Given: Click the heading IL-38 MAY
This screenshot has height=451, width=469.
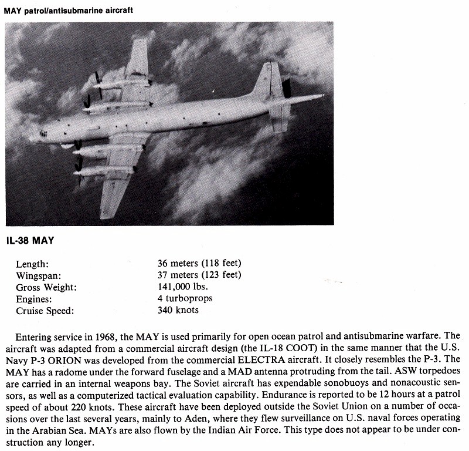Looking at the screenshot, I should coord(36,240).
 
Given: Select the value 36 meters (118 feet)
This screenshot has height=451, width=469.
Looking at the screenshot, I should coord(199,263).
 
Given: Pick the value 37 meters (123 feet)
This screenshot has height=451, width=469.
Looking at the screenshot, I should coord(199,275).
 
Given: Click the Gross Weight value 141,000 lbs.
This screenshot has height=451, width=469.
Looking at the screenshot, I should coord(182,287).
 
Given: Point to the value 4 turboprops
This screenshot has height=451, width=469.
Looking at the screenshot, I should coord(185,298).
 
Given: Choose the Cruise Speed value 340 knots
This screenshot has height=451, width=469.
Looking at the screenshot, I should coord(178,310).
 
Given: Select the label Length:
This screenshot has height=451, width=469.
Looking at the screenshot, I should coord(32,264).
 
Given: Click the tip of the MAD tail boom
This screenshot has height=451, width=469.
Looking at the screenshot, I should coord(322,95).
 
